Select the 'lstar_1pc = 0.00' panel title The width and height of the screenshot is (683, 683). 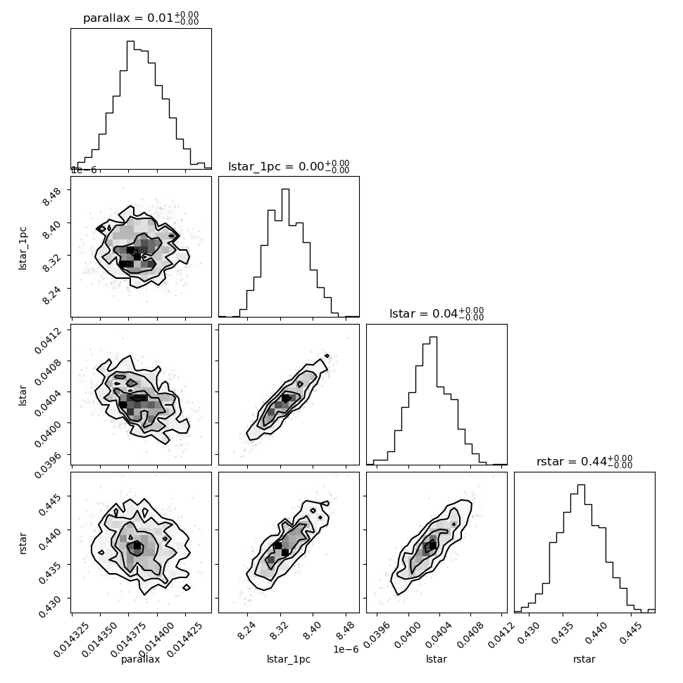[276, 166]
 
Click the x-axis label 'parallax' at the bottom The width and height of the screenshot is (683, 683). [140, 659]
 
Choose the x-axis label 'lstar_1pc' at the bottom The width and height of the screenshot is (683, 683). [289, 659]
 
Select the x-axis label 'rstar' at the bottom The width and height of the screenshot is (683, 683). [584, 659]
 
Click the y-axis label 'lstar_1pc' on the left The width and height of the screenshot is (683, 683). [23, 249]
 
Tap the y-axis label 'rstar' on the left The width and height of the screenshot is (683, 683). [23, 543]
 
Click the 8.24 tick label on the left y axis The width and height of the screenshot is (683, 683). [52, 294]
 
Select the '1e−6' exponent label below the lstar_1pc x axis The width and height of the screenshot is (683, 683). [346, 649]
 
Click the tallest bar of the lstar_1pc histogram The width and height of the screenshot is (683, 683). [285, 253]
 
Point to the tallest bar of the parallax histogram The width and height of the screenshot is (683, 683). [130, 104]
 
